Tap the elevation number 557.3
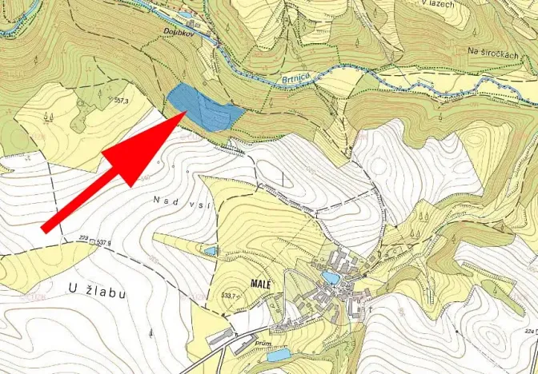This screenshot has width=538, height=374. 122,101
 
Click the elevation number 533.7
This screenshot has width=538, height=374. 230,296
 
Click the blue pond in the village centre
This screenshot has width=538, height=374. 329,277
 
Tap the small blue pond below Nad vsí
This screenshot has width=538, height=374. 209,251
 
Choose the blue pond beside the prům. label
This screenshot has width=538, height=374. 278,354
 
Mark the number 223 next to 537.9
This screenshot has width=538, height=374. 83,238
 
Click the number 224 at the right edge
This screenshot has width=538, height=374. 529,330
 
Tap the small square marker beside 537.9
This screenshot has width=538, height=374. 94,241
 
